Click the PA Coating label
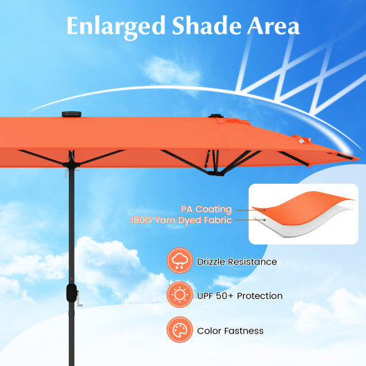(x=206, y=209)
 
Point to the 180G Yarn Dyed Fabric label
(x=181, y=220)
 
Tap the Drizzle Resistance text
(x=237, y=262)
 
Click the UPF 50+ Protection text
(x=240, y=296)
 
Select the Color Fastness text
(x=230, y=331)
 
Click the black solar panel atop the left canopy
(x=72, y=114)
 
